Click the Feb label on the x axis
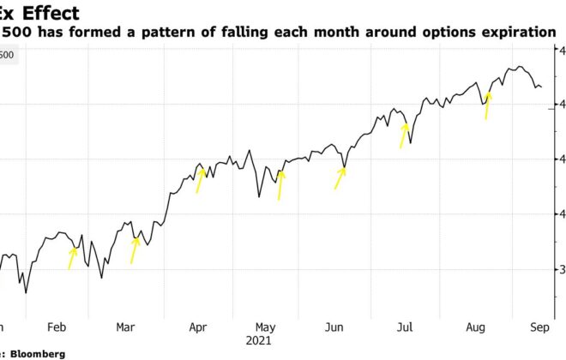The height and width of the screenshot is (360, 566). pyautogui.click(x=57, y=327)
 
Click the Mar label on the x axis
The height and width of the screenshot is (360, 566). pyautogui.click(x=125, y=327)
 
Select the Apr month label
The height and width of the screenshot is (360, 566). pyautogui.click(x=197, y=327)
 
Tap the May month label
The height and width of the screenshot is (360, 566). pyautogui.click(x=266, y=327)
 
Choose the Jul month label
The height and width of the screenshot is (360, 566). pyautogui.click(x=405, y=327)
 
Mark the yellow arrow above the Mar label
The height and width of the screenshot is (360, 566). pyautogui.click(x=134, y=250)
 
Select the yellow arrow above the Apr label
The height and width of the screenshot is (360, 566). pyautogui.click(x=201, y=180)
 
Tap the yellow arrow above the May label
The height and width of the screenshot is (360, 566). pyautogui.click(x=280, y=184)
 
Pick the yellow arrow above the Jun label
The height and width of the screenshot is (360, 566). pyautogui.click(x=340, y=177)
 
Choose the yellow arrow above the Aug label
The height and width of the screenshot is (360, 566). pyautogui.click(x=488, y=106)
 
